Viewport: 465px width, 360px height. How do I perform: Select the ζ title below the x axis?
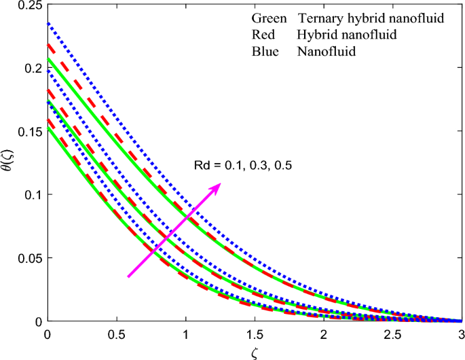[x=254, y=352]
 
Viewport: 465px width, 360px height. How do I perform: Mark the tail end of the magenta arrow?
[x=128, y=276]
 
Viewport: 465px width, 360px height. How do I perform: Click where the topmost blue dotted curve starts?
[x=48, y=24]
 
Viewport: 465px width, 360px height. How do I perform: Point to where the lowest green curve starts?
[x=48, y=130]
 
